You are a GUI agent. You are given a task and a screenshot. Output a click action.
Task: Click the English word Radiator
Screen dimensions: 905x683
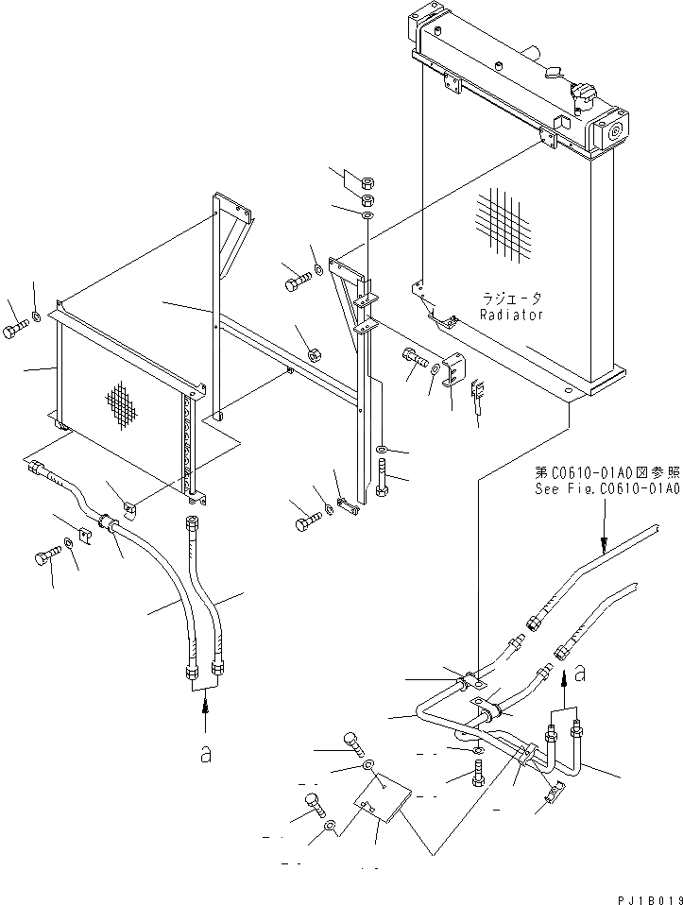(x=511, y=316)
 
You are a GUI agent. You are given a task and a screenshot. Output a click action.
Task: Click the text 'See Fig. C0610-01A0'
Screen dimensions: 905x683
(x=606, y=490)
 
